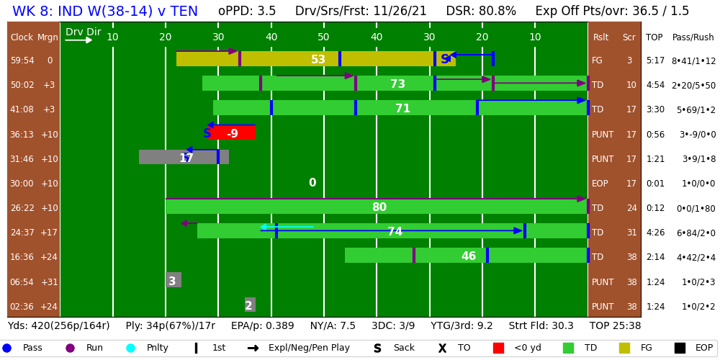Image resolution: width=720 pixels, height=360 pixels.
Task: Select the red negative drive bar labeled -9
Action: pyautogui.click(x=232, y=133)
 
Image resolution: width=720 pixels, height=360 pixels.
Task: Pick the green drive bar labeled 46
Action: pyautogui.click(x=467, y=256)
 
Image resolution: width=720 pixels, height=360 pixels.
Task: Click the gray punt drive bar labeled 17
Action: pyautogui.click(x=184, y=158)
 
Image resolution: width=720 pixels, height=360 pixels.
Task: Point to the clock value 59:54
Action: pyautogui.click(x=22, y=60)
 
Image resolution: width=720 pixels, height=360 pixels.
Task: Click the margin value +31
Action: pyautogui.click(x=50, y=282)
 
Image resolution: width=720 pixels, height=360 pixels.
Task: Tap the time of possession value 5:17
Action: pyautogui.click(x=655, y=60)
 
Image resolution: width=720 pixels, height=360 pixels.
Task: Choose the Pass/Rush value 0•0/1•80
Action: pyautogui.click(x=693, y=208)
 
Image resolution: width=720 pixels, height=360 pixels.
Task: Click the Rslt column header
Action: pyautogui.click(x=600, y=37)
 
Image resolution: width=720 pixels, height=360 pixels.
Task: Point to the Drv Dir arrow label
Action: pyautogui.click(x=83, y=32)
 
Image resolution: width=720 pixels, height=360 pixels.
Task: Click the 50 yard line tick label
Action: pyautogui.click(x=323, y=37)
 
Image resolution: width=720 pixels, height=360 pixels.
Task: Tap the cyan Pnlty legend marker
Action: pyautogui.click(x=130, y=348)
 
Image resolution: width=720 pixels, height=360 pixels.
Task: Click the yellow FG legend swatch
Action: pyautogui.click(x=624, y=348)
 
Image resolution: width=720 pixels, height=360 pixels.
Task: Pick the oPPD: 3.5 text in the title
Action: pyautogui.click(x=247, y=12)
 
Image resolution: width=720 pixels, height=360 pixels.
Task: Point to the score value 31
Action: pyautogui.click(x=631, y=233)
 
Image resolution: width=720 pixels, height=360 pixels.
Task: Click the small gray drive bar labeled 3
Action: pyautogui.click(x=173, y=281)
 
